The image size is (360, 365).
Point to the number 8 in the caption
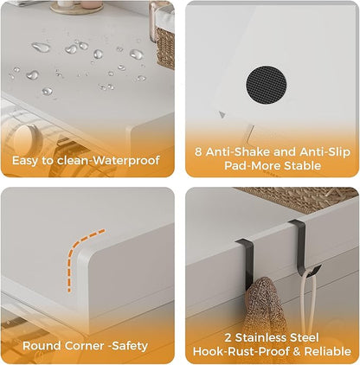[x=200, y=150]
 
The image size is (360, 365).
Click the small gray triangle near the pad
[x=222, y=114]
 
